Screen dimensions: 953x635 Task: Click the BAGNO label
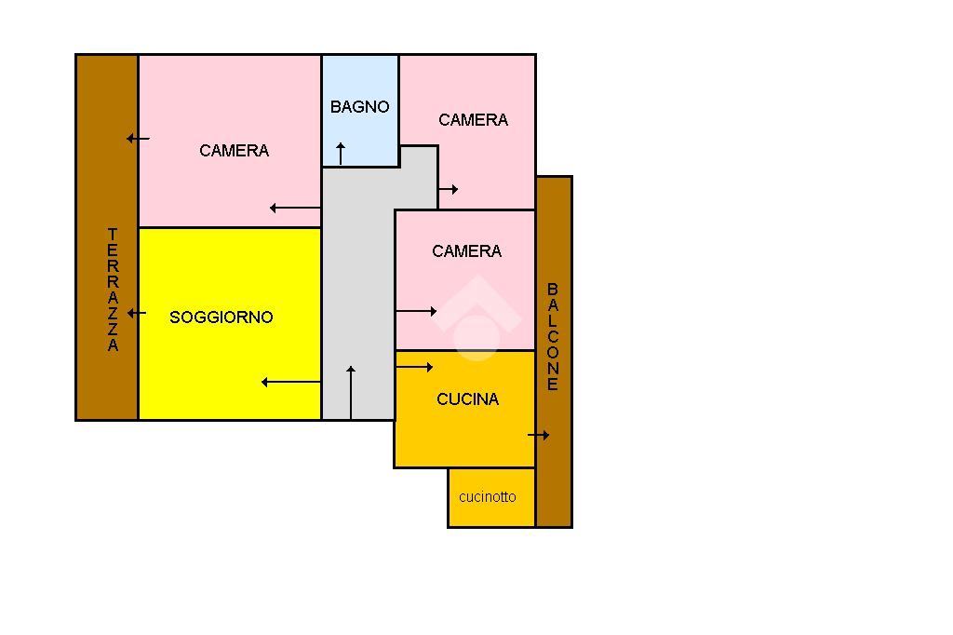(x=359, y=107)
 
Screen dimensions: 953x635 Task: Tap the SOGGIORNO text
(x=221, y=317)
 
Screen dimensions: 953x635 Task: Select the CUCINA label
(x=467, y=399)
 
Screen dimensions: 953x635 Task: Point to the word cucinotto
(x=487, y=497)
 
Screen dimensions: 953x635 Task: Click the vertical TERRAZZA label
(x=113, y=290)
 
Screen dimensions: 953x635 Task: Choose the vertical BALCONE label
(x=553, y=337)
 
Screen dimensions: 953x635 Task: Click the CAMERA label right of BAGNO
(x=473, y=120)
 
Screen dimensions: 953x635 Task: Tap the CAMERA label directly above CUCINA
(x=466, y=251)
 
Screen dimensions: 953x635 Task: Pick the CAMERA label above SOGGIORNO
(x=234, y=151)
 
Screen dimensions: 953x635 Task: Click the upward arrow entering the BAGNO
(x=341, y=154)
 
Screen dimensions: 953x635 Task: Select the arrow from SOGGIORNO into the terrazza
(x=137, y=313)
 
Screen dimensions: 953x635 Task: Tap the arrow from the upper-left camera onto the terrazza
(x=138, y=139)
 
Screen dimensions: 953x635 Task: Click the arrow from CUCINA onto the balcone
(x=539, y=435)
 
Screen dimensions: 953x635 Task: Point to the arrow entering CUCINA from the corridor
(x=415, y=368)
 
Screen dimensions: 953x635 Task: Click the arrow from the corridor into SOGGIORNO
(x=291, y=382)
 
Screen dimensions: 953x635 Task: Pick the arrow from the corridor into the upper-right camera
(x=449, y=190)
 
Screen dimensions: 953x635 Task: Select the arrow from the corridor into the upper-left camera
(x=295, y=209)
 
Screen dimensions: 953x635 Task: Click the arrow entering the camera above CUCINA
(x=417, y=311)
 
